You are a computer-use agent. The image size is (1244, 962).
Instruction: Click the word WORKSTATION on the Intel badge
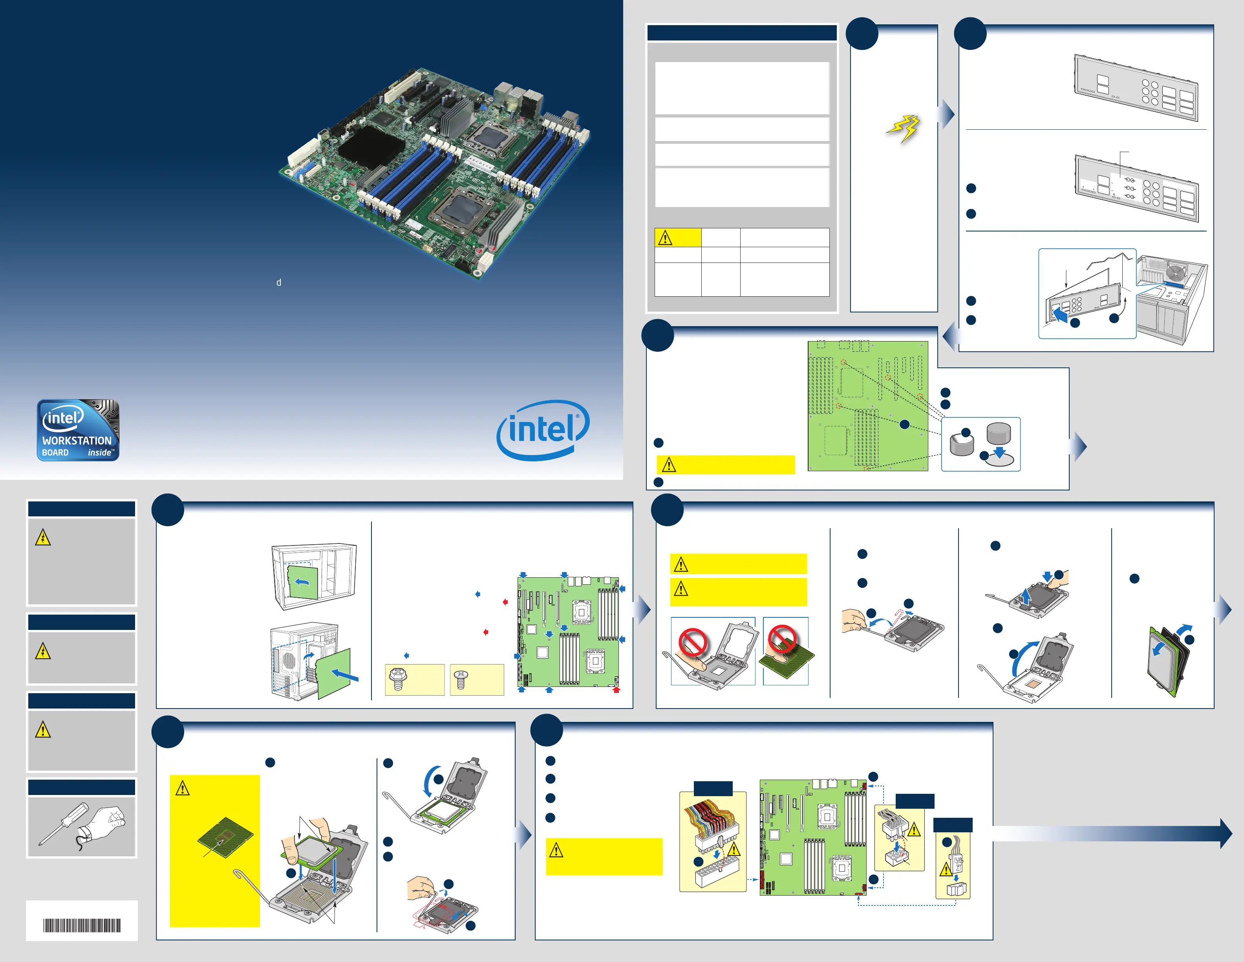[x=77, y=441]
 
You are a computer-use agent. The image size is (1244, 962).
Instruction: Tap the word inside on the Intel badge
[x=100, y=452]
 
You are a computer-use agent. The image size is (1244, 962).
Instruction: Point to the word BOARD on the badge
[x=55, y=452]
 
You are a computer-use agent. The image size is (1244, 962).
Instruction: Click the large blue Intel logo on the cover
[x=543, y=429]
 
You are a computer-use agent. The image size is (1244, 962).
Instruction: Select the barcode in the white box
[x=82, y=925]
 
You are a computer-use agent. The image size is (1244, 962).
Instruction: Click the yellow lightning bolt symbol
[x=904, y=129]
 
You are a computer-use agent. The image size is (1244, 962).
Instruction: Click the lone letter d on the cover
[x=278, y=283]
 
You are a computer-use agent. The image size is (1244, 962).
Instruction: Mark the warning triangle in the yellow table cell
[x=665, y=238]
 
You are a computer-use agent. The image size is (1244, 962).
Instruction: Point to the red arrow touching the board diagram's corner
[x=616, y=690]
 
